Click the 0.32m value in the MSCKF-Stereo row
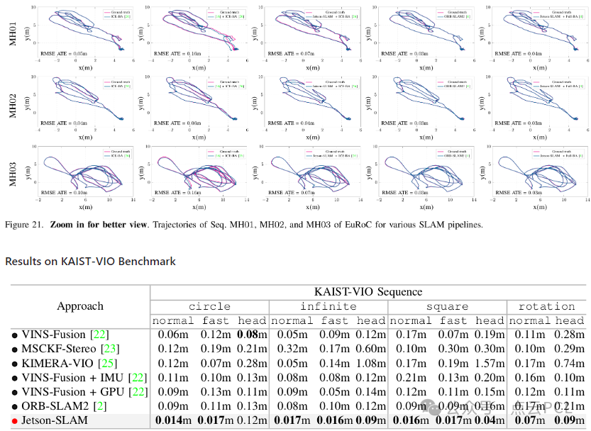click(x=292, y=349)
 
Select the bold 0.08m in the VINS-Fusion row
click(x=253, y=335)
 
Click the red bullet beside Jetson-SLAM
click(x=13, y=421)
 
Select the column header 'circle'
click(x=209, y=306)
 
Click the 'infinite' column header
click(x=328, y=306)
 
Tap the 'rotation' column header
click(x=546, y=306)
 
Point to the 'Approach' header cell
click(x=79, y=306)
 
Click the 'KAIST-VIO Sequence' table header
click(x=368, y=291)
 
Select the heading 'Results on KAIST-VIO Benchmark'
click(x=90, y=261)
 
